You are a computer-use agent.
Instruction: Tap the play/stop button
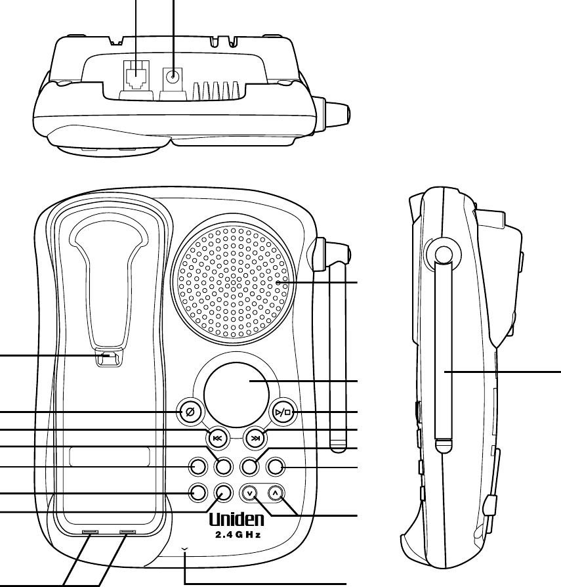click(283, 412)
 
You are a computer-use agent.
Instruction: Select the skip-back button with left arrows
click(218, 438)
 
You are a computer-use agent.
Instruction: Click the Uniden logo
click(237, 519)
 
